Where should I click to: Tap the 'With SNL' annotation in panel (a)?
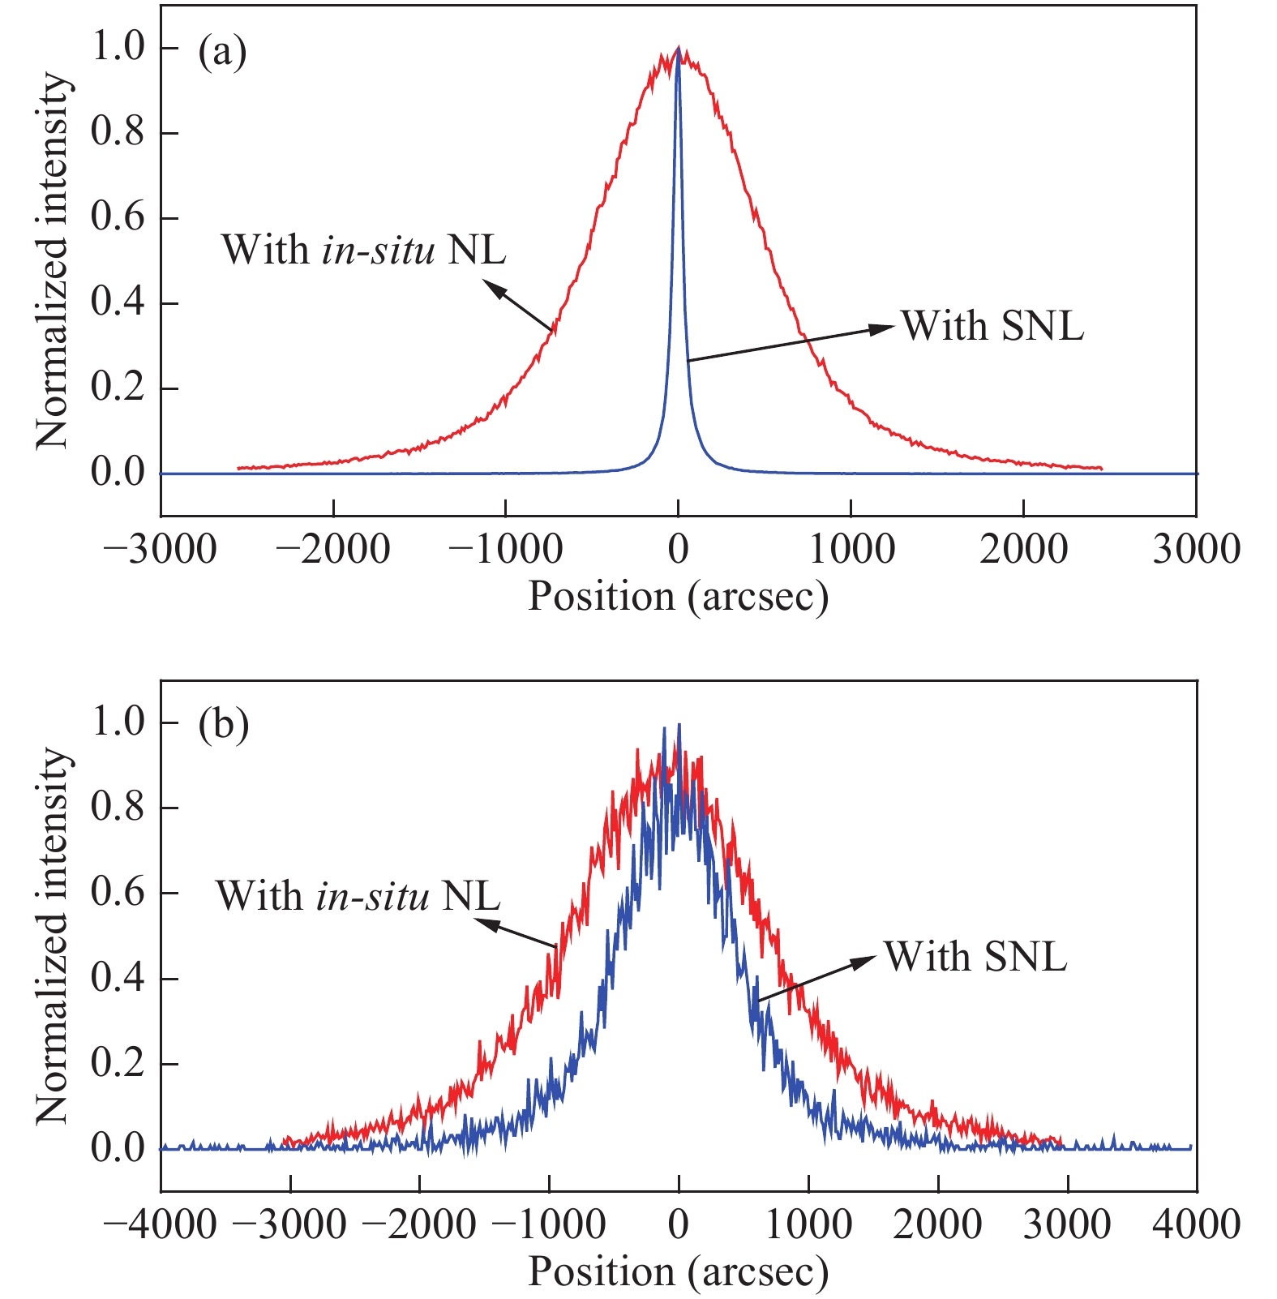[x=992, y=326]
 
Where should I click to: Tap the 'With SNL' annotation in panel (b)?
[x=975, y=956]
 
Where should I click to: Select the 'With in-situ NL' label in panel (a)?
[x=364, y=249]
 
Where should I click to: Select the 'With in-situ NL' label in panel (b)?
[x=358, y=896]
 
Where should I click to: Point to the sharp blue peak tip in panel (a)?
[x=678, y=50]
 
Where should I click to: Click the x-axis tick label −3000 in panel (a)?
[x=161, y=550]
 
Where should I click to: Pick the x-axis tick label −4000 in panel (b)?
[x=161, y=1224]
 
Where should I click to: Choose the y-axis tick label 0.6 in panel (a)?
[x=117, y=218]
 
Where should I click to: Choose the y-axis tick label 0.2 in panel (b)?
[x=117, y=1063]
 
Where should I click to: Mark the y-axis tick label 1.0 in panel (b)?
[x=117, y=722]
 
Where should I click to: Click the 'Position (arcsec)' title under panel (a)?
[x=679, y=597]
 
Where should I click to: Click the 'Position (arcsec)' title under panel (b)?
[x=679, y=1271]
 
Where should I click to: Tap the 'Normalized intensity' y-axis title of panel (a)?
[x=54, y=261]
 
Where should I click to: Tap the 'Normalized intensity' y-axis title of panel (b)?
[x=54, y=937]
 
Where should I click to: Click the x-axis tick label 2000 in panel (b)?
[x=938, y=1224]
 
